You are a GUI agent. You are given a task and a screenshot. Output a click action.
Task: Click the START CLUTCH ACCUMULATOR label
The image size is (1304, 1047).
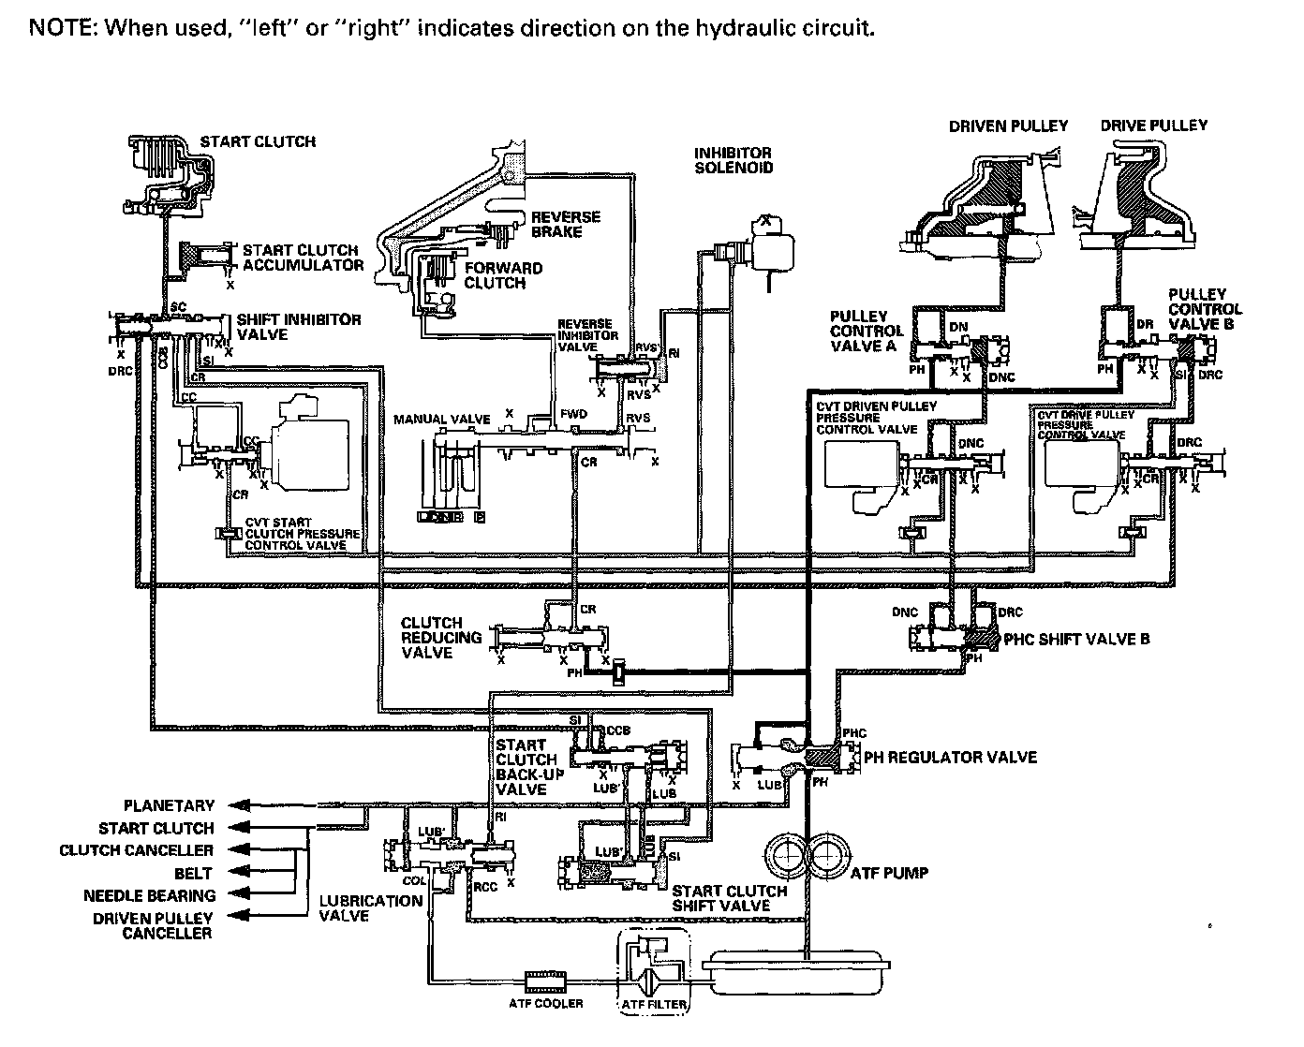(x=303, y=258)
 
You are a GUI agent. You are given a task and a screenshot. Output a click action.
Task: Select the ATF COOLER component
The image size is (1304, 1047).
(x=546, y=981)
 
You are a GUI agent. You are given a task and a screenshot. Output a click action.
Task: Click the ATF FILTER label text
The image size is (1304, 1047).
(x=654, y=1006)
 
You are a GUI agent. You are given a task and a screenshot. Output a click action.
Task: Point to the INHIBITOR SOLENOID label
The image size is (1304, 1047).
(x=733, y=160)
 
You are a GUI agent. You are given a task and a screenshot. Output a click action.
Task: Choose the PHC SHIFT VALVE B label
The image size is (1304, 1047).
(x=1076, y=640)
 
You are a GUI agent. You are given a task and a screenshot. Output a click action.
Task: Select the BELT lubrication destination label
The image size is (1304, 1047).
(x=193, y=873)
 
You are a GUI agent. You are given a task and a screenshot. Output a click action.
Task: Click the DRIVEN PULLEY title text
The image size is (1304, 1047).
(x=1008, y=126)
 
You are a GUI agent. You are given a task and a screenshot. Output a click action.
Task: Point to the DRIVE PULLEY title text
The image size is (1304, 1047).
(x=1153, y=125)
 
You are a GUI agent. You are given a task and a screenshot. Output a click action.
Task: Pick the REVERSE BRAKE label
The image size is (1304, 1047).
(x=566, y=224)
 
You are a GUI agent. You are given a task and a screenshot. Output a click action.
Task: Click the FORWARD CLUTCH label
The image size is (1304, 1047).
(x=503, y=275)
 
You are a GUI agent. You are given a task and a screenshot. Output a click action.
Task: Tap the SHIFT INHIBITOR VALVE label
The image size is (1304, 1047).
(x=298, y=326)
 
